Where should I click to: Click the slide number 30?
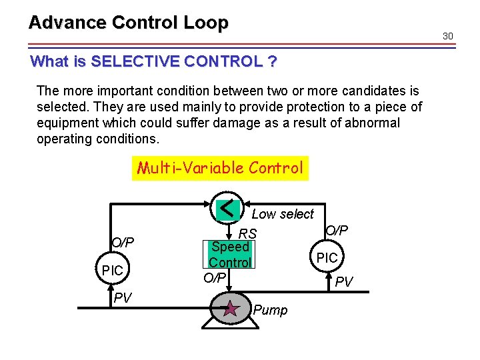coord(447,35)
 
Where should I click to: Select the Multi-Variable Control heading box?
coord(220,167)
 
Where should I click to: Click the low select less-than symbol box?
coord(229,208)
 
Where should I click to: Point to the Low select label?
coord(282,214)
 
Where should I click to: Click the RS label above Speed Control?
coord(248,234)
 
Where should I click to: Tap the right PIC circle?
coord(327,257)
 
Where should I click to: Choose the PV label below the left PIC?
coord(122,297)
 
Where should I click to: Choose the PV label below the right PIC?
coord(344,283)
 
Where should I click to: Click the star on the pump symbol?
coord(231,309)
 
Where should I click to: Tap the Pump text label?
coord(271,311)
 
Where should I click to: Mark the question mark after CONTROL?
coord(271,62)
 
